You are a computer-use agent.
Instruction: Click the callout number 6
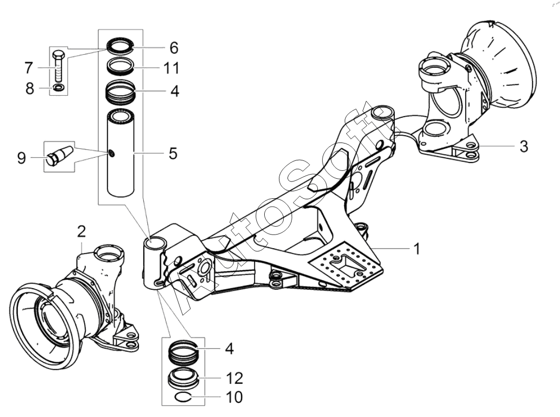pyautogui.click(x=174, y=48)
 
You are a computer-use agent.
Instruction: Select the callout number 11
pyautogui.click(x=171, y=68)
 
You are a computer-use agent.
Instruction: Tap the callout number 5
pyautogui.click(x=173, y=154)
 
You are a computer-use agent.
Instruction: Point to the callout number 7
pyautogui.click(x=28, y=68)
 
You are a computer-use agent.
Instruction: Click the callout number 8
pyautogui.click(x=29, y=88)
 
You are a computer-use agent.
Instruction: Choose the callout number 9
pyautogui.click(x=22, y=157)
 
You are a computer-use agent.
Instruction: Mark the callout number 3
pyautogui.click(x=524, y=146)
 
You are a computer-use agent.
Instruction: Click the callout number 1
pyautogui.click(x=416, y=249)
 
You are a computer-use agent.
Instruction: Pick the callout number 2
pyautogui.click(x=82, y=231)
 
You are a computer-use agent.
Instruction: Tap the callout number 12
pyautogui.click(x=235, y=378)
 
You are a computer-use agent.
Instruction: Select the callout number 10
pyautogui.click(x=235, y=397)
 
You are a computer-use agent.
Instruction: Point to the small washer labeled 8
pyautogui.click(x=58, y=87)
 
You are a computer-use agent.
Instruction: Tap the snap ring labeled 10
pyautogui.click(x=184, y=396)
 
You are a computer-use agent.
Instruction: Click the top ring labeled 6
pyautogui.click(x=121, y=46)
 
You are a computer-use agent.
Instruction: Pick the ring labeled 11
pyautogui.click(x=121, y=67)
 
